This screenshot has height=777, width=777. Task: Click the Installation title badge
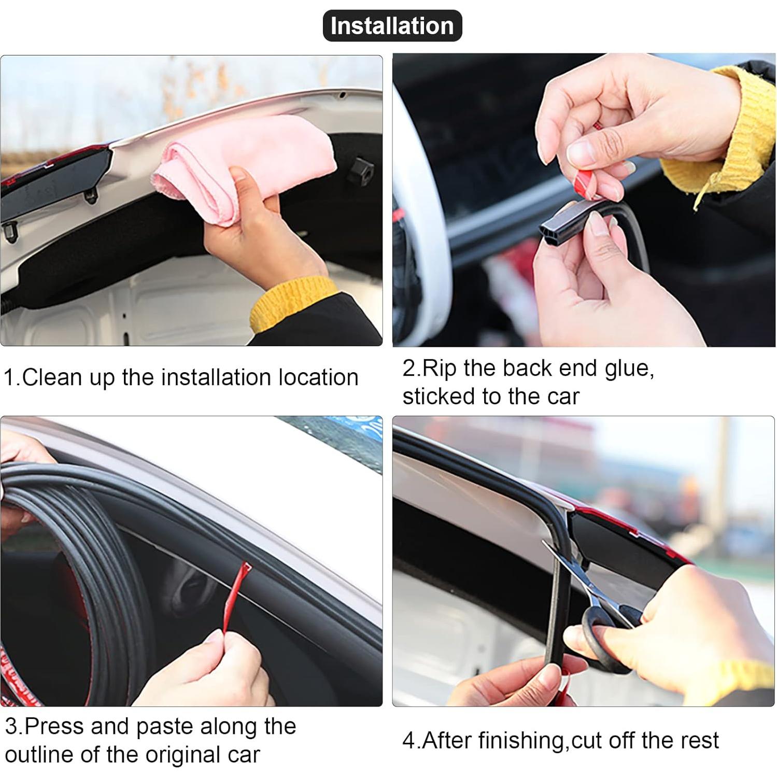[x=392, y=26]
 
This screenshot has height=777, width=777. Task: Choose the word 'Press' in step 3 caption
[x=54, y=726]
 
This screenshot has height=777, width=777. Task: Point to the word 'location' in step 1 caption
[x=318, y=377]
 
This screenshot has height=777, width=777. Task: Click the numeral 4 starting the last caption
[x=408, y=741]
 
